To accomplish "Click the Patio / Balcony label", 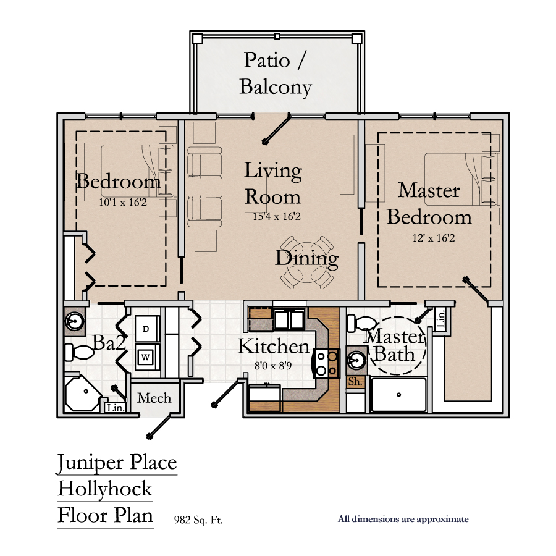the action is [x=276, y=74].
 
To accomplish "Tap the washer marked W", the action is [x=145, y=357].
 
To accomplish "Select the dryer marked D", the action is [x=145, y=329].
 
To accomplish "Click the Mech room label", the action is [x=154, y=398].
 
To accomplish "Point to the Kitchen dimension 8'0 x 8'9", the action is [x=273, y=366].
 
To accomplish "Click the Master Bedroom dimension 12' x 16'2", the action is [x=433, y=238].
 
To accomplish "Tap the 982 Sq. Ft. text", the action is [x=198, y=520].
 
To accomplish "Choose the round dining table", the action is [x=307, y=263].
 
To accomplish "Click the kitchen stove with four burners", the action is [x=326, y=364].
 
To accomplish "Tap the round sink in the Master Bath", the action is [x=356, y=361].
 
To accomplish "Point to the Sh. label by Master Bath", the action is [x=355, y=382].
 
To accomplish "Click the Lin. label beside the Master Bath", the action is [x=440, y=318].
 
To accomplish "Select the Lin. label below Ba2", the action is [x=116, y=408].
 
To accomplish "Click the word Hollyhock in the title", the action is [x=105, y=489].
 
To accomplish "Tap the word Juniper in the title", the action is [x=90, y=463].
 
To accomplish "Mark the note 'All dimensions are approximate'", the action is [x=403, y=520].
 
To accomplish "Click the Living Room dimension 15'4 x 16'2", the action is [x=277, y=216].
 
